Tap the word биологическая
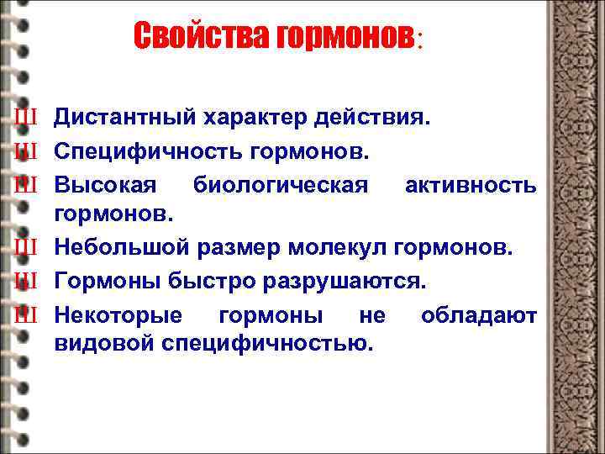tap(280, 184)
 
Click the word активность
tap(471, 184)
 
